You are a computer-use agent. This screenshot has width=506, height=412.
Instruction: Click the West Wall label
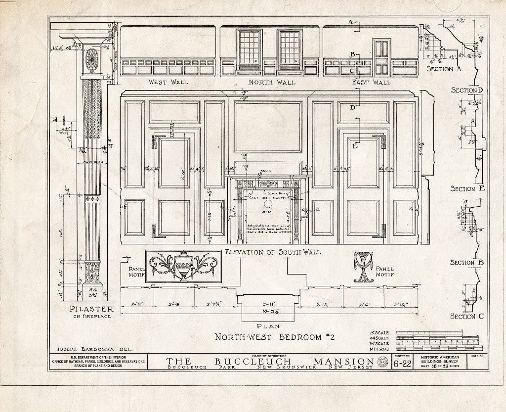coord(168,82)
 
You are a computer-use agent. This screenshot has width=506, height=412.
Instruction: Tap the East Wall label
coord(371,82)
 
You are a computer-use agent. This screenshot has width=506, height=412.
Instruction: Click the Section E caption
coord(463,189)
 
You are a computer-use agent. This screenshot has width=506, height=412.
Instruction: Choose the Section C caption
coord(463,317)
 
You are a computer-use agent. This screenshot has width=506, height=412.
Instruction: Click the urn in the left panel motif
coord(183,267)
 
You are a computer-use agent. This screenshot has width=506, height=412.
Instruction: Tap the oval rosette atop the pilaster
coord(92,59)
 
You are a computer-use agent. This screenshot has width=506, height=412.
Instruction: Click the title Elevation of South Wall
coord(272,252)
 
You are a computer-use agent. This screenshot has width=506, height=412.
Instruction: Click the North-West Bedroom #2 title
coord(274,337)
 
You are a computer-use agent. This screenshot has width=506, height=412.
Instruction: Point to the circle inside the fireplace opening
coord(268,203)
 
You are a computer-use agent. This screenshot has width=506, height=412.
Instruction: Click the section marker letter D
coord(353,107)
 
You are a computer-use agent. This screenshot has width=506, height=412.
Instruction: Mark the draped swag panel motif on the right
coord(363,267)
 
